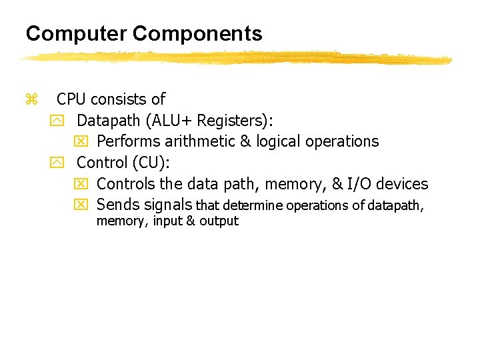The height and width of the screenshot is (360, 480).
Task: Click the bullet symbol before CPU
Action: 29,100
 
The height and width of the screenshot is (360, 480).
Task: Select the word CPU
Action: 71,100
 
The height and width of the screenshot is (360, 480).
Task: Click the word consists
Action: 119,100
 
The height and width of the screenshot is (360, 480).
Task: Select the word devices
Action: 403,183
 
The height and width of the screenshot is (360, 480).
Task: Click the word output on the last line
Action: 219,221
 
